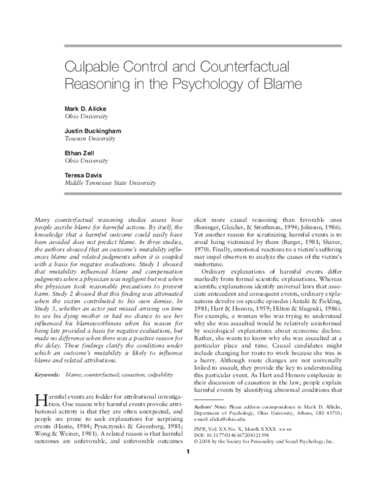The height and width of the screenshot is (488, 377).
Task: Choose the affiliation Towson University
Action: [92, 138]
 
